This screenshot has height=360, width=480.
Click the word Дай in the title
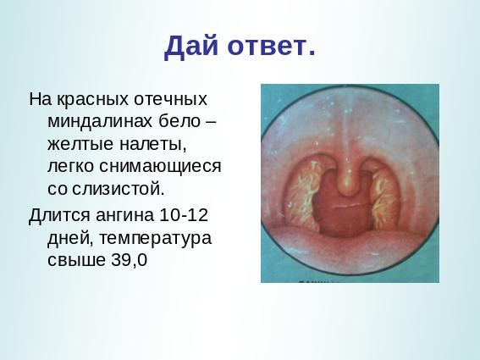[x=191, y=47]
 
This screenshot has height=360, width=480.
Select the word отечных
[x=171, y=99]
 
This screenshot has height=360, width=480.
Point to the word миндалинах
[x=100, y=122]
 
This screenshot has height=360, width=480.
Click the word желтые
[x=80, y=144]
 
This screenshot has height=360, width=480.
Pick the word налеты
[x=152, y=145]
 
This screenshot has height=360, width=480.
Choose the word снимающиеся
[x=159, y=167]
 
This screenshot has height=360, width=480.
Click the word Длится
[x=59, y=215]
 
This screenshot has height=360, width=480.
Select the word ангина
[x=125, y=215]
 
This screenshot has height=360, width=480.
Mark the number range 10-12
[x=184, y=214]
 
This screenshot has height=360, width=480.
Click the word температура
[x=155, y=238]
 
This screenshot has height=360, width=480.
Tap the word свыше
[x=76, y=260]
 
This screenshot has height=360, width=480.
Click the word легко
[x=70, y=167]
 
